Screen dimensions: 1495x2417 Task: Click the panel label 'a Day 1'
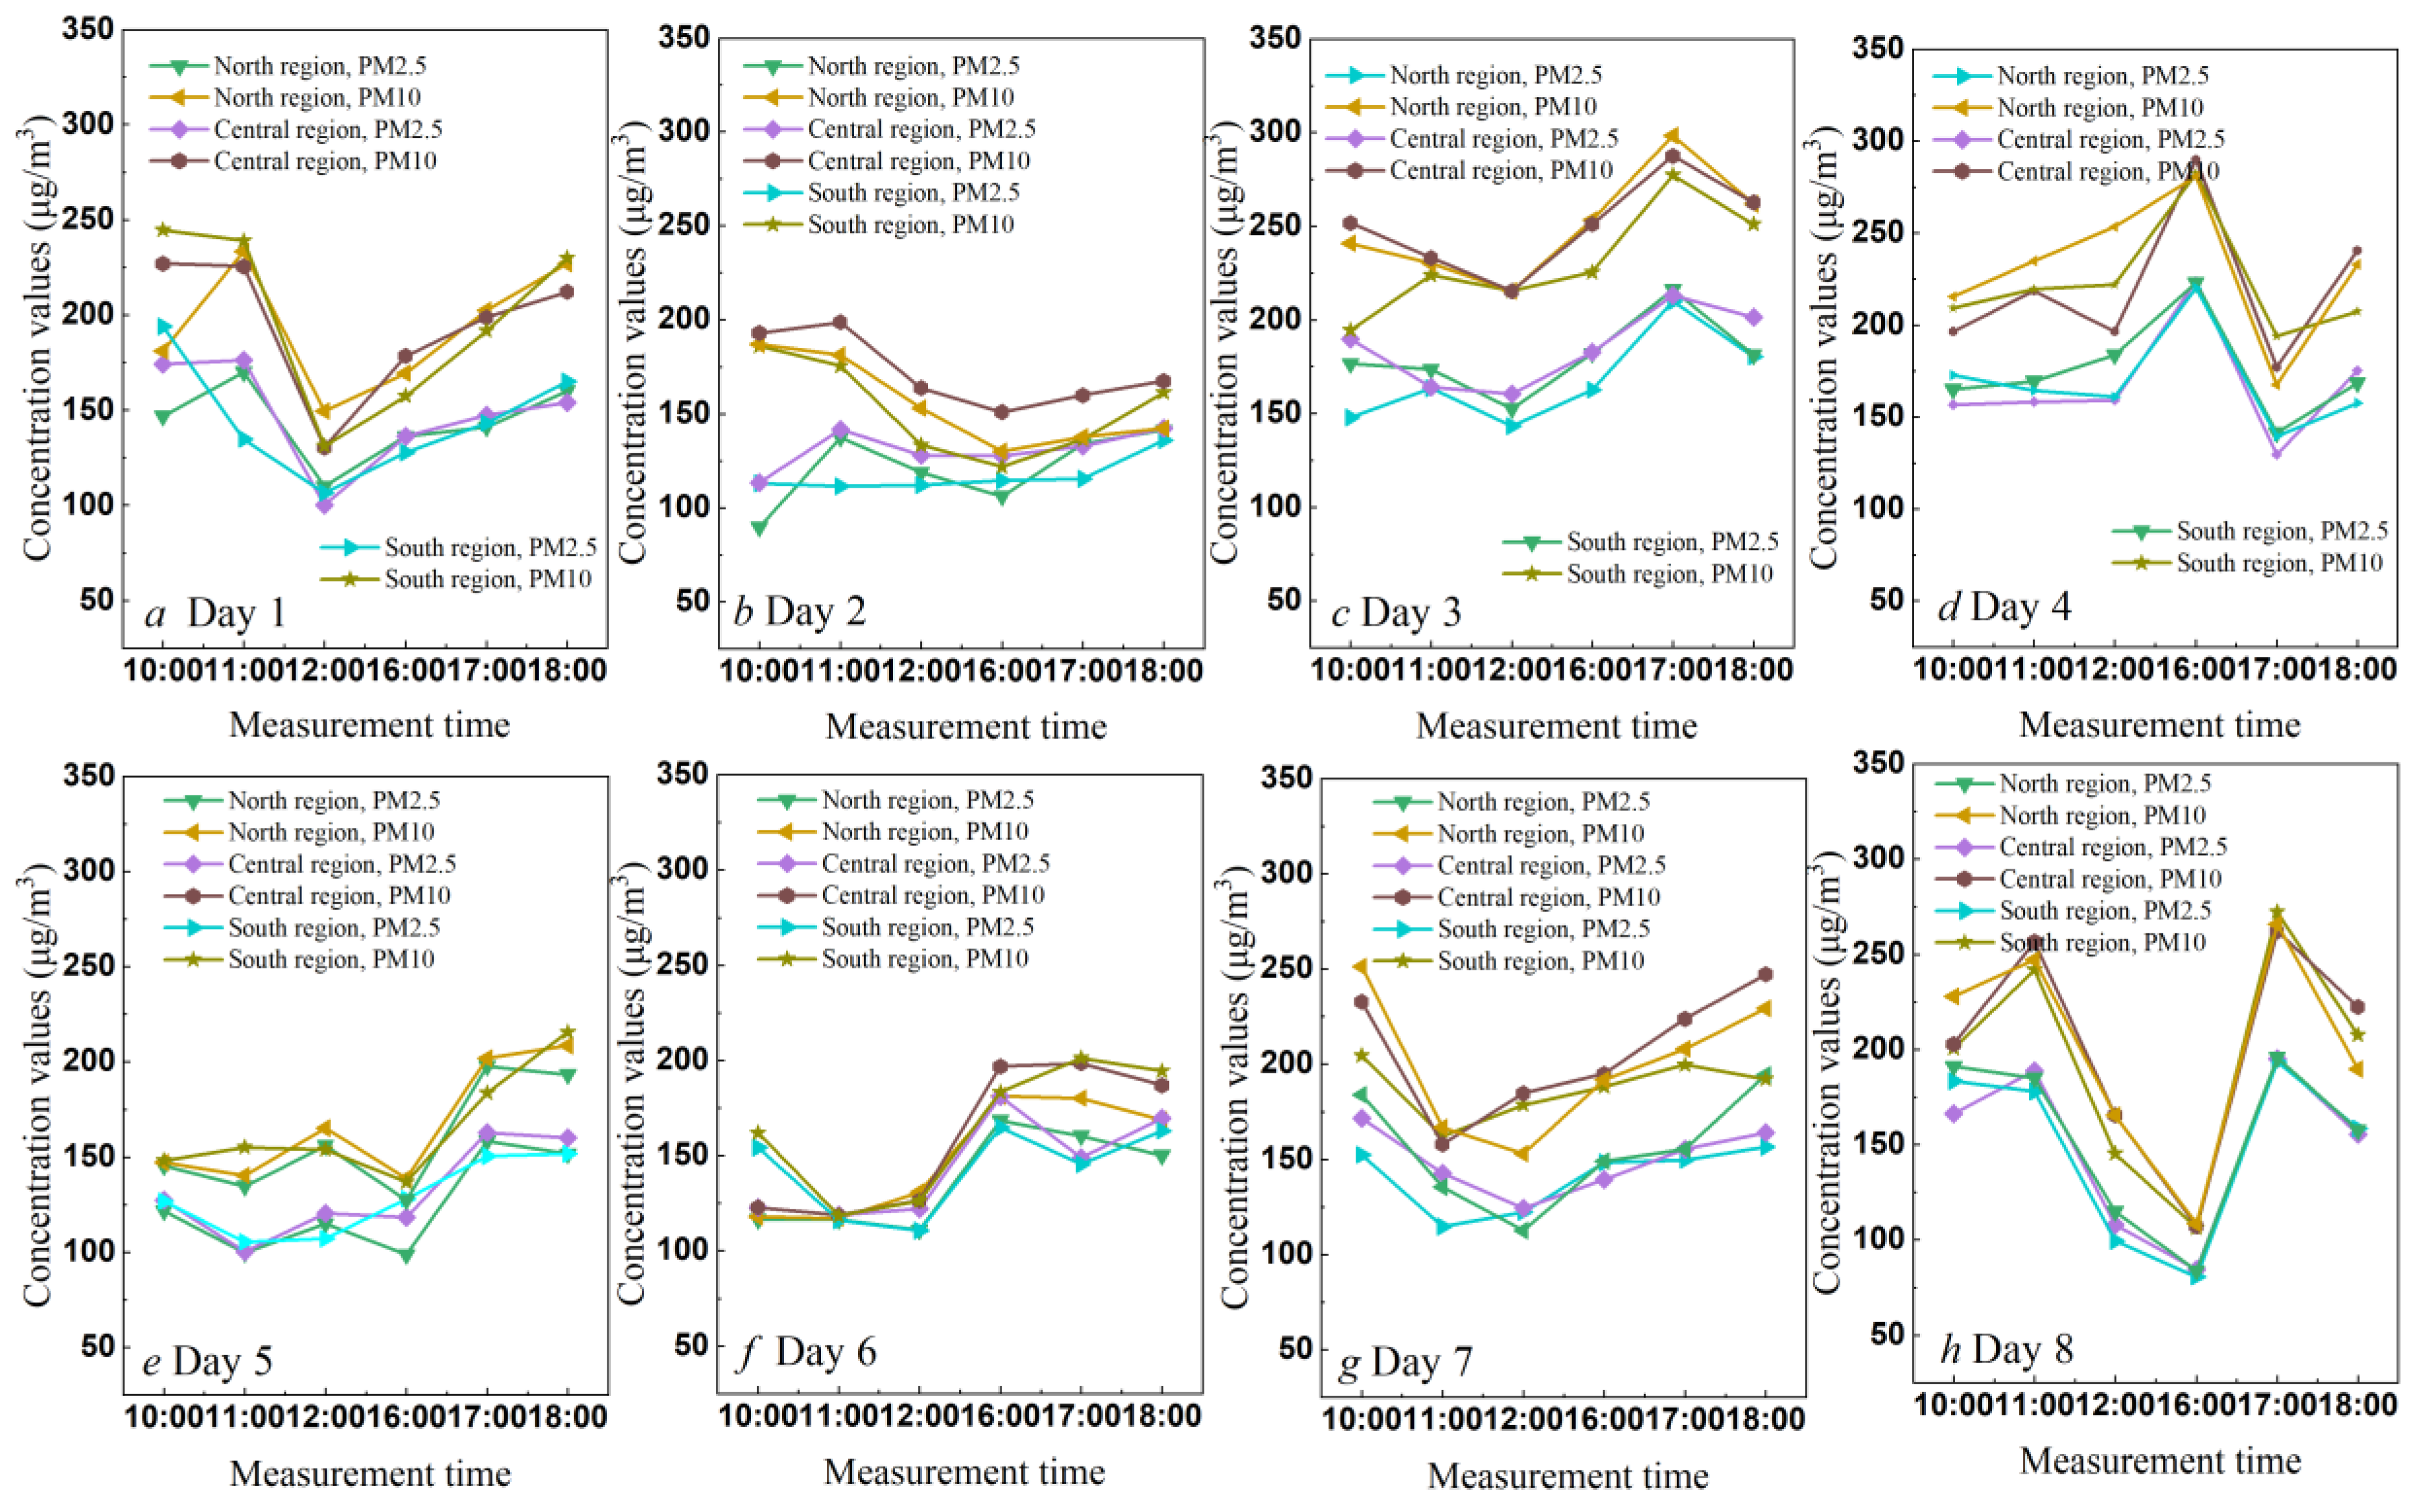[216, 614]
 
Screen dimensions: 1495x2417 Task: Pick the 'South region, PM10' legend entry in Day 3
[1669, 573]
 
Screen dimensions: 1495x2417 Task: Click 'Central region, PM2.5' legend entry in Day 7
[1551, 865]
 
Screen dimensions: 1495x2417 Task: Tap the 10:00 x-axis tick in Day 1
[162, 670]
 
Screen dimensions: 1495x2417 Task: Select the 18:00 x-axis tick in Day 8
[2357, 1405]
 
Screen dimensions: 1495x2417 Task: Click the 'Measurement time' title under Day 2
[966, 727]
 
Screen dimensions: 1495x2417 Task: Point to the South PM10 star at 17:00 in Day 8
[2276, 911]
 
